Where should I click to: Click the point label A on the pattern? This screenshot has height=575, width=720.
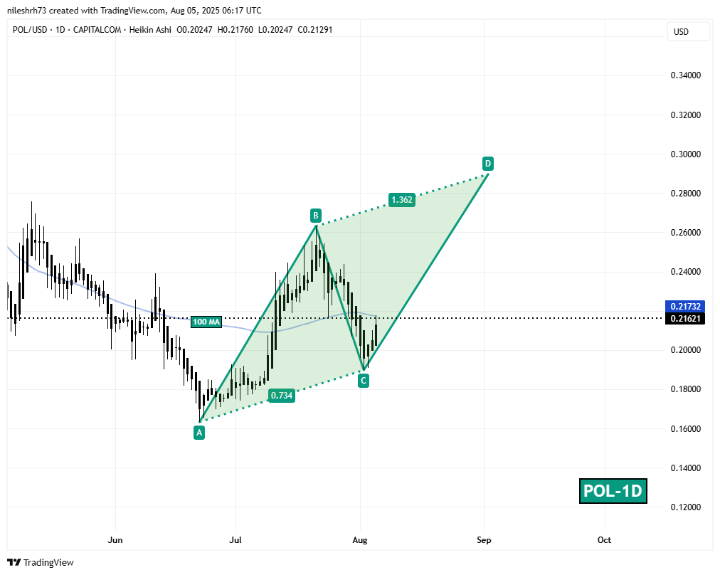(x=199, y=432)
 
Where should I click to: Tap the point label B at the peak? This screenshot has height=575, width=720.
(x=314, y=214)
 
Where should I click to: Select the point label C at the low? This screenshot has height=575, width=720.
(x=363, y=381)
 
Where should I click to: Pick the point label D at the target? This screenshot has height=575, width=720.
(x=487, y=163)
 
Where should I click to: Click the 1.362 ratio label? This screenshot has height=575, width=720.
(x=401, y=200)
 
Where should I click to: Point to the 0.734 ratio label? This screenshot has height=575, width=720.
(x=281, y=395)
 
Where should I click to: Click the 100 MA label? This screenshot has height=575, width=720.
(x=206, y=322)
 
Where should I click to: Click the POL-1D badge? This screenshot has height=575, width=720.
(x=613, y=490)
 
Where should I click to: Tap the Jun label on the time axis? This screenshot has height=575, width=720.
(x=115, y=540)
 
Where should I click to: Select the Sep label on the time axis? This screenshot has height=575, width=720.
(x=484, y=540)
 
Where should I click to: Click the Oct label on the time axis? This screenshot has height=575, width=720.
(x=604, y=540)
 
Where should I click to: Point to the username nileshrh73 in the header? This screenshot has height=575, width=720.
(x=31, y=11)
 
